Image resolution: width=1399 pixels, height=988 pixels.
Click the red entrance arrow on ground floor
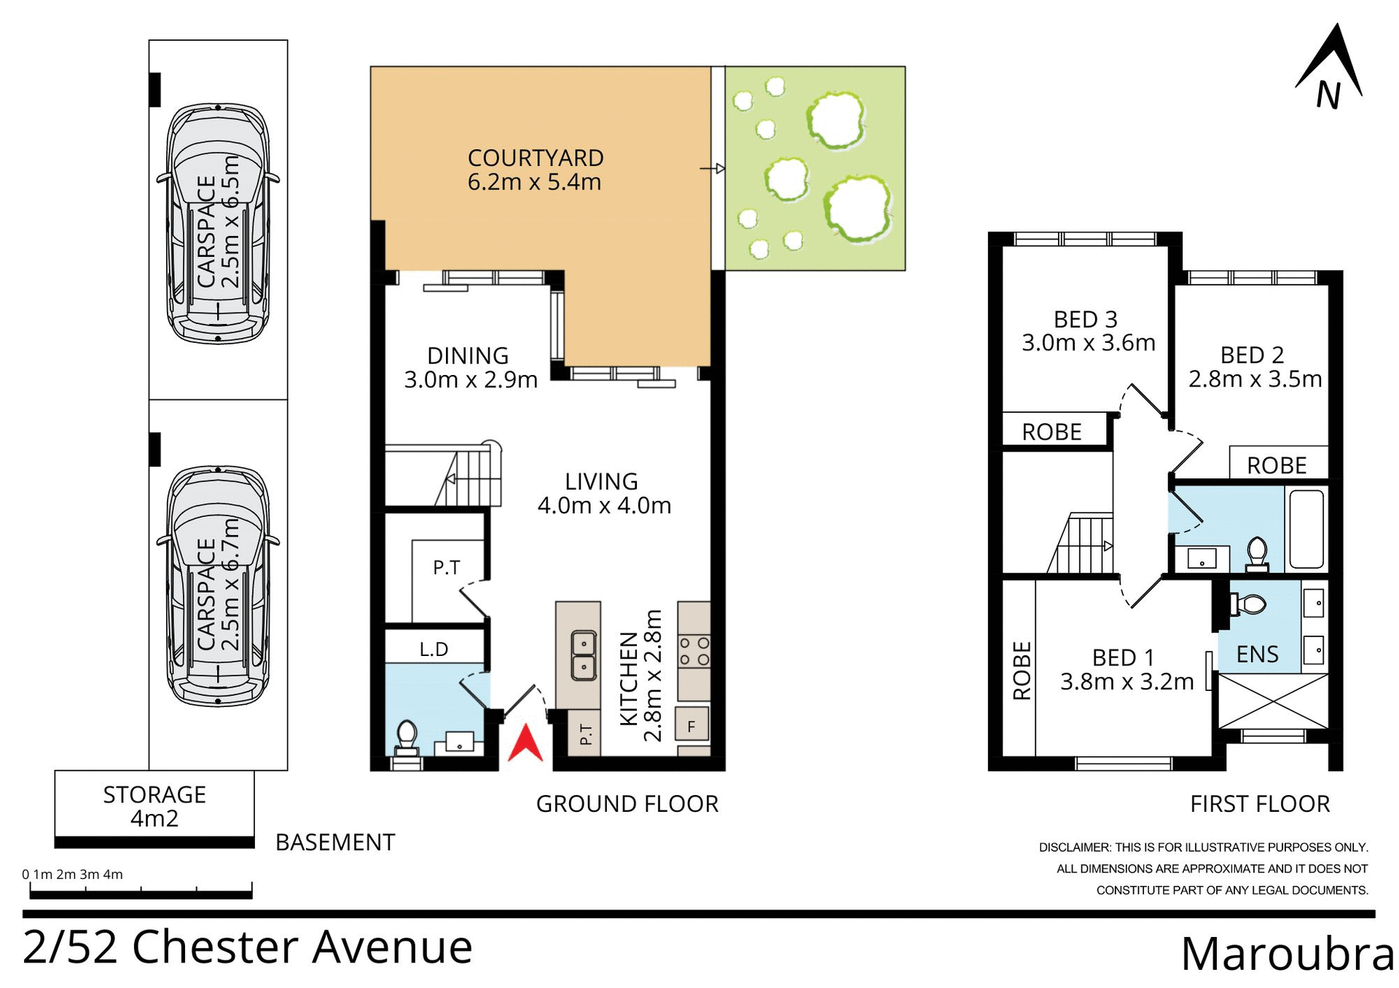click(x=525, y=744)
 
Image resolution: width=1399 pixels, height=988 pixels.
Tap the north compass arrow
click(x=1331, y=69)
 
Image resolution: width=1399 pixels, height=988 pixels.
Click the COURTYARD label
click(x=535, y=158)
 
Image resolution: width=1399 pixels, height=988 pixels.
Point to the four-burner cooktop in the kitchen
click(x=694, y=652)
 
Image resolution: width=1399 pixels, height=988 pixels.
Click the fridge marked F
click(x=691, y=726)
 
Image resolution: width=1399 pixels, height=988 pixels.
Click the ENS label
click(x=1257, y=654)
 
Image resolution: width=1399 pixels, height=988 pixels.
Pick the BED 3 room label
click(x=1085, y=320)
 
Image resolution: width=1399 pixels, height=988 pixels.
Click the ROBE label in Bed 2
click(x=1277, y=465)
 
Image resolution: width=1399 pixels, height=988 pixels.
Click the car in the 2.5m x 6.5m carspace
click(x=218, y=224)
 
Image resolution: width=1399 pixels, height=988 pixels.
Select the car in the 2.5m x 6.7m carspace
click(x=218, y=587)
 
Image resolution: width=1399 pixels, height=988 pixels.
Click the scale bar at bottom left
click(x=141, y=891)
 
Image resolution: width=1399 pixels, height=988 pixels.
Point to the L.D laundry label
click(x=434, y=649)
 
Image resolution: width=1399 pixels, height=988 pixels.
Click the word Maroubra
click(x=1286, y=954)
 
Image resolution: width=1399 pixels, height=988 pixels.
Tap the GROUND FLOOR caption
click(x=627, y=804)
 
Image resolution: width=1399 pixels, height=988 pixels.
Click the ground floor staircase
click(x=466, y=477)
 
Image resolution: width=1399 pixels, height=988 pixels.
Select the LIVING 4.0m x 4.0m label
click(x=603, y=493)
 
